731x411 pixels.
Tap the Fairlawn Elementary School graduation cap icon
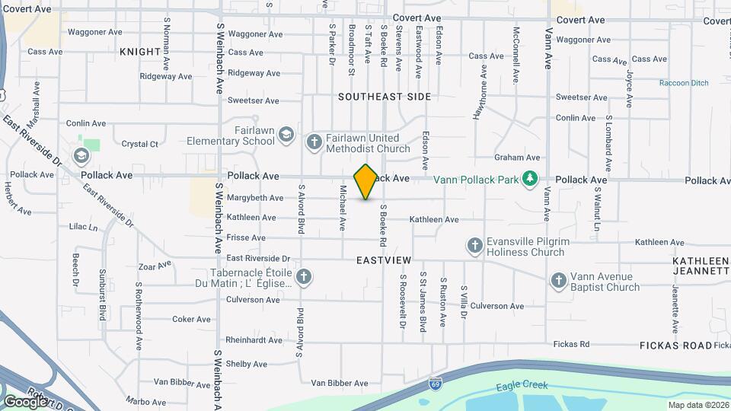pos(286,135)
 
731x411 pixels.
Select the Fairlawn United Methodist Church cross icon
pos(314,142)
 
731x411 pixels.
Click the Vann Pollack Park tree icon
pos(530,180)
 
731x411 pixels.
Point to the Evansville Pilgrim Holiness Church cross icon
pos(474,245)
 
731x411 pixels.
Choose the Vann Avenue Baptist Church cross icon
pos(558,281)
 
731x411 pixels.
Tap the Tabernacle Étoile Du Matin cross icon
pos(303,276)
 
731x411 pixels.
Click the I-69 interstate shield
pos(435,381)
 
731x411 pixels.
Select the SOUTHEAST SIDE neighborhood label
pos(385,97)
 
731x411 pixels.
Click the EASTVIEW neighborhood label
pos(383,260)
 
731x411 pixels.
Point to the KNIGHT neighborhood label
pos(140,52)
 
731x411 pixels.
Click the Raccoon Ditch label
pos(683,83)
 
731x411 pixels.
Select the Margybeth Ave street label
pos(255,198)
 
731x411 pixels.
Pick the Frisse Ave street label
pos(245,237)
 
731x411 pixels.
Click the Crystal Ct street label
pos(140,144)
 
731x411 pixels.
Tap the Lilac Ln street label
pos(84,227)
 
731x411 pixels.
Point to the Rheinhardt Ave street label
pos(255,340)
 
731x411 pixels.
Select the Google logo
pos(25,401)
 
